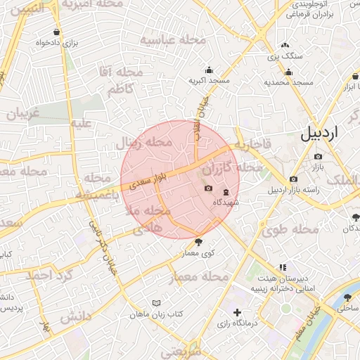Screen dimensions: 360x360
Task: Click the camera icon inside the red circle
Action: pyautogui.click(x=208, y=188)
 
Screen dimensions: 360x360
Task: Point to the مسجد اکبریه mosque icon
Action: pyautogui.click(x=209, y=70)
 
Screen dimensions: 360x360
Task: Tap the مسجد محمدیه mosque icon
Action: pyautogui.click(x=288, y=72)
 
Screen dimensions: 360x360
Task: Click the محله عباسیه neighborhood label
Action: pyautogui.click(x=173, y=40)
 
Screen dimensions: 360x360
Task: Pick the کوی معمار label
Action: pyautogui.click(x=199, y=253)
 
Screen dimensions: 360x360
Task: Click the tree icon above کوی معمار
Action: pyautogui.click(x=205, y=242)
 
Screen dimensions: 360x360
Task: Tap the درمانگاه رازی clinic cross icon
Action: pyautogui.click(x=237, y=312)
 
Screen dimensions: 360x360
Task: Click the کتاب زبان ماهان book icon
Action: pyautogui.click(x=156, y=303)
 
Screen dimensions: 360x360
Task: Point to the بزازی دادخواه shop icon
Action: pyautogui.click(x=56, y=32)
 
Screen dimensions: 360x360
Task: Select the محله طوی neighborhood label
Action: pyautogui.click(x=285, y=229)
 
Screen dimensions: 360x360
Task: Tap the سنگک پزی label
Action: pyautogui.click(x=287, y=55)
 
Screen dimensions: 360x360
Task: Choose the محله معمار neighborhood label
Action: pyautogui.click(x=198, y=278)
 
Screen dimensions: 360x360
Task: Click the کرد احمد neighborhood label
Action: pyautogui.click(x=50, y=274)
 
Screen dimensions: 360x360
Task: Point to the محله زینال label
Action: pyautogui.click(x=148, y=143)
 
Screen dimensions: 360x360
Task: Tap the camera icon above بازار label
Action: pyautogui.click(x=319, y=157)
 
